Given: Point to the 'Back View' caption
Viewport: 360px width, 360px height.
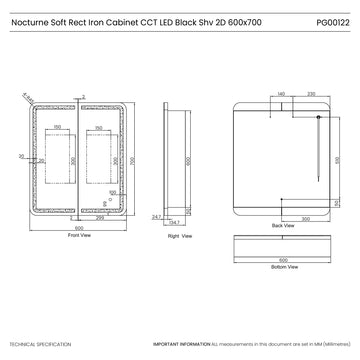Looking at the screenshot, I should click(x=282, y=227).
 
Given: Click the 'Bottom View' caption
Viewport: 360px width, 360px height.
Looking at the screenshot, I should click(x=282, y=268).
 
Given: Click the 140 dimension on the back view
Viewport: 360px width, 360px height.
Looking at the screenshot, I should click(x=283, y=94).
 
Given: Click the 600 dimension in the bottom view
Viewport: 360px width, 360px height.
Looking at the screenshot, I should click(x=282, y=258).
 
